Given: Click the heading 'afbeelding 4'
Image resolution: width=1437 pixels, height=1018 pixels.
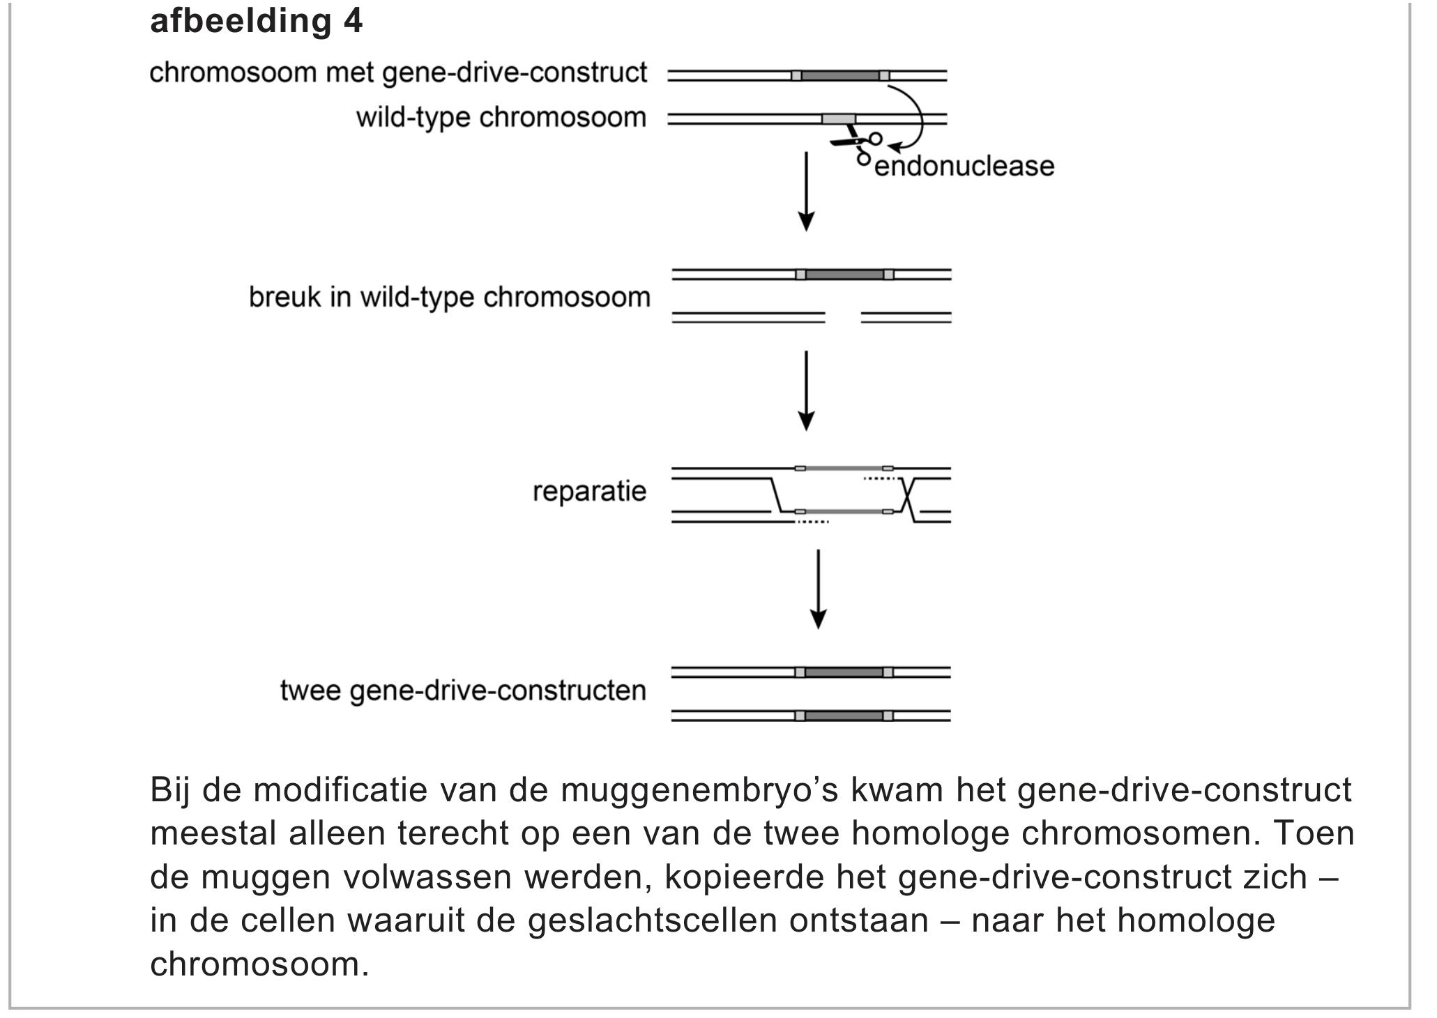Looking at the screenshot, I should pos(256,21).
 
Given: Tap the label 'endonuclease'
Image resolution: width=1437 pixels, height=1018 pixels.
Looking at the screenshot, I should pos(964,167).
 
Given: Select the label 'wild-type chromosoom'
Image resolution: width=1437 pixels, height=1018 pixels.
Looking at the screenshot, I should pos(501,117).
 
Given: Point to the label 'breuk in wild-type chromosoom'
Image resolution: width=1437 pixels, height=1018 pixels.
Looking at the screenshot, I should pos(449,298).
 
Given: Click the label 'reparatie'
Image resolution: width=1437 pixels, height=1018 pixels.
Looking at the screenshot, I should pos(589,491).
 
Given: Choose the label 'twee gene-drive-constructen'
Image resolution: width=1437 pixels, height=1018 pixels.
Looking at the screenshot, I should pos(463,691).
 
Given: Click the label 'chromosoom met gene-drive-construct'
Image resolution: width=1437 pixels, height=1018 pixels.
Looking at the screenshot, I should pos(398,72).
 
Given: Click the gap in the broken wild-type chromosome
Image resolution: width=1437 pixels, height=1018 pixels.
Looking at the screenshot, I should pos(843,318).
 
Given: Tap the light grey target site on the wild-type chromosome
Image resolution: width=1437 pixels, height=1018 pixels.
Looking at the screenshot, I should pos(838,119).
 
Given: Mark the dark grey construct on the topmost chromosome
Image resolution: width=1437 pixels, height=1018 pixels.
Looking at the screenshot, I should pos(839,75).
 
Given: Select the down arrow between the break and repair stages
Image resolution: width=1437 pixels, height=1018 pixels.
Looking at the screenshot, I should pos(806,390).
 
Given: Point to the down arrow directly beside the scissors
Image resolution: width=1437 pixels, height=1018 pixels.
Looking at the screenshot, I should pos(806,191).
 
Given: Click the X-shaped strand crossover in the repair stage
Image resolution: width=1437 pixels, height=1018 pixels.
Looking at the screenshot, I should pos(906,495).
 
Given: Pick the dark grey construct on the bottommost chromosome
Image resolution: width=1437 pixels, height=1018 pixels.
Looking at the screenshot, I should pos(844,716).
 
